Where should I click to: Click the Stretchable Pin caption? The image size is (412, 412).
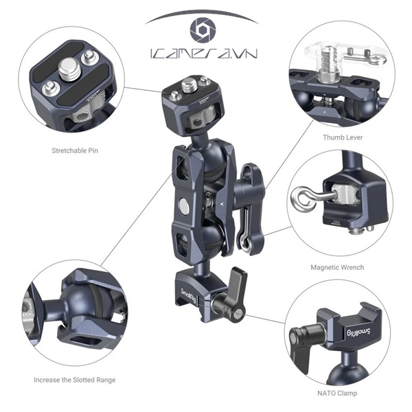point(75,150)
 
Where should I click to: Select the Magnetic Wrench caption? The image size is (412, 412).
point(337,267)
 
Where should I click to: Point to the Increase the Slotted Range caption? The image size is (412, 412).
point(75,380)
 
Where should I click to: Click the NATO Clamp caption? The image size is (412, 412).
point(337,393)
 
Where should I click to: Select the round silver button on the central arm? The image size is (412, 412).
point(183,205)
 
